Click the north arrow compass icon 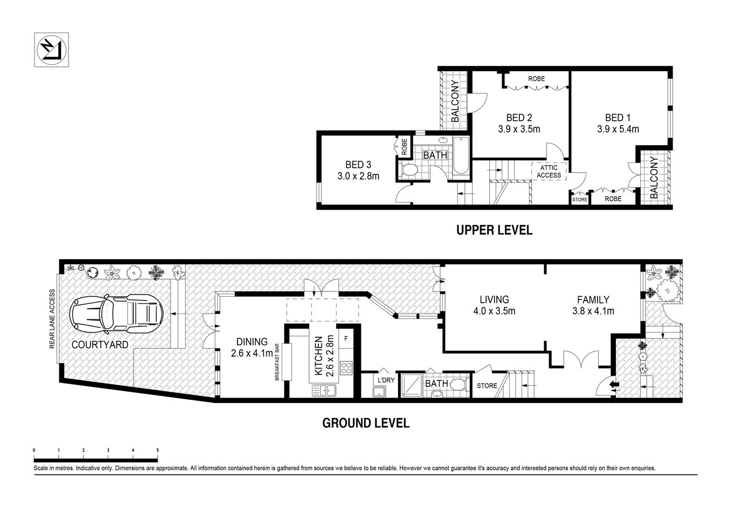point(52,50)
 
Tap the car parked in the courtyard point(117,313)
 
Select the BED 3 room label point(358,170)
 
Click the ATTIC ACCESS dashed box point(549,171)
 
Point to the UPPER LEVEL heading point(494,230)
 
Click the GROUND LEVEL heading point(366,423)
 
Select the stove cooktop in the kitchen point(346,369)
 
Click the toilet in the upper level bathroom point(409,171)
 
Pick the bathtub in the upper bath point(461,156)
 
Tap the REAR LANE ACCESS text point(52,319)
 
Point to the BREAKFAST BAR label point(277,362)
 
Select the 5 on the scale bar point(158,449)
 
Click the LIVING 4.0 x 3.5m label point(494,305)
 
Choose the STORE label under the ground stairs point(487,386)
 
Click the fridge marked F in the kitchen point(346,339)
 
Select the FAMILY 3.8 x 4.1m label point(593,305)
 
